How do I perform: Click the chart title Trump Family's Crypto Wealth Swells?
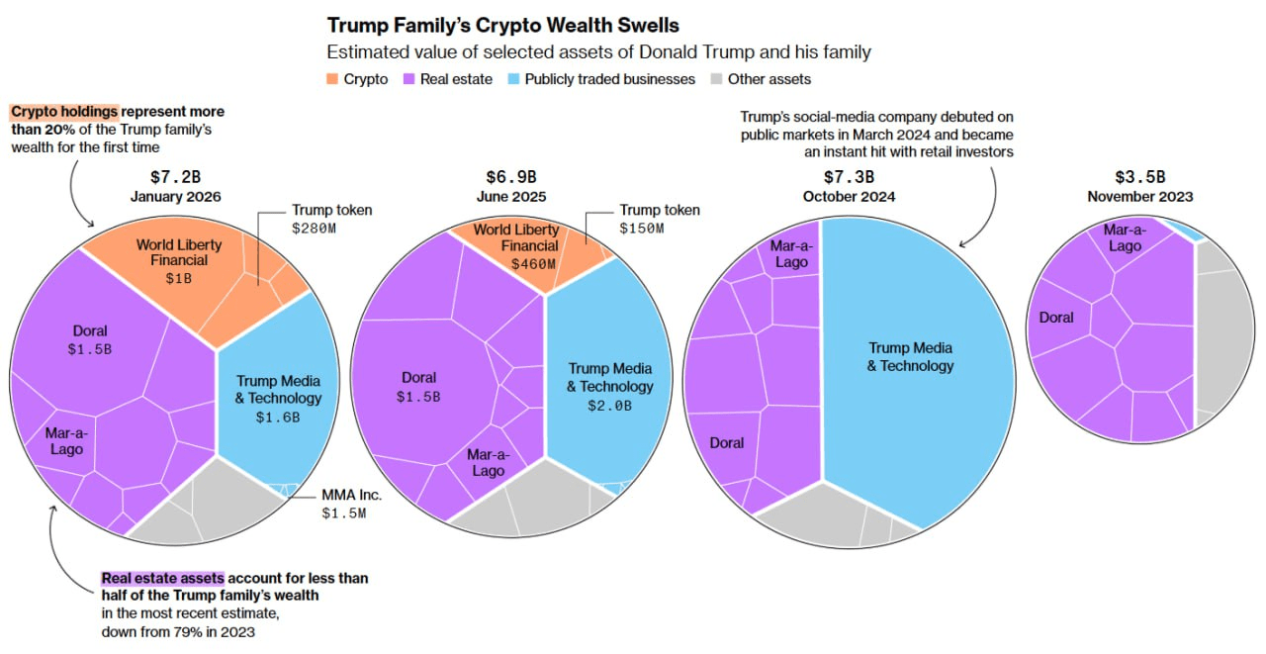(x=503, y=25)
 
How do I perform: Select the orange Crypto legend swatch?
(x=333, y=79)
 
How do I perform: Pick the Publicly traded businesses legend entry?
(x=601, y=79)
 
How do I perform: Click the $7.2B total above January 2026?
(x=175, y=177)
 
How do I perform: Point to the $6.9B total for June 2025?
(x=510, y=177)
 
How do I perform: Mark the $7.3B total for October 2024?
(x=849, y=176)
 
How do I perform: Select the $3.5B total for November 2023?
(x=1139, y=177)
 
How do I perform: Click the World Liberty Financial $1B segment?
(x=178, y=262)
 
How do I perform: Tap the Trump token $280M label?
(x=331, y=219)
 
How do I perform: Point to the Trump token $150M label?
(x=659, y=219)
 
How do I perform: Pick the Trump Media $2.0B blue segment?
(x=609, y=386)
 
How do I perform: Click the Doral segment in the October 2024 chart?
(x=726, y=443)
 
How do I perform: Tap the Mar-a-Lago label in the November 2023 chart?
(x=1125, y=237)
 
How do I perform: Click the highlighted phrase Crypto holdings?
(x=65, y=112)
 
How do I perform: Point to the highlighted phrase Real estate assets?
(x=162, y=578)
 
